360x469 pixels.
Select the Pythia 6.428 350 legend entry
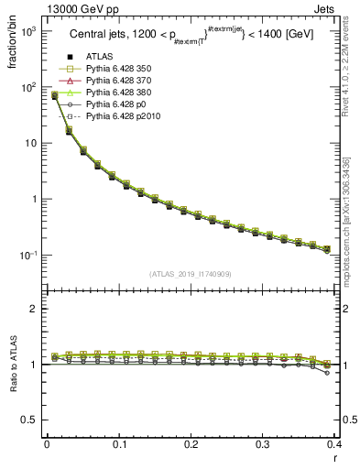[x=118, y=70]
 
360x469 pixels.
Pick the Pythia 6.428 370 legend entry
[x=118, y=82]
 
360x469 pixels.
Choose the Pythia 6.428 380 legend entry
[x=118, y=93]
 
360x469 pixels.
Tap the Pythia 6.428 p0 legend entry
[x=115, y=105]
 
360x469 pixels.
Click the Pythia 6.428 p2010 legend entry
[x=121, y=117]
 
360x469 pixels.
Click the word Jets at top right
[x=340, y=7]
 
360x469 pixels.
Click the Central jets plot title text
[x=191, y=36]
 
